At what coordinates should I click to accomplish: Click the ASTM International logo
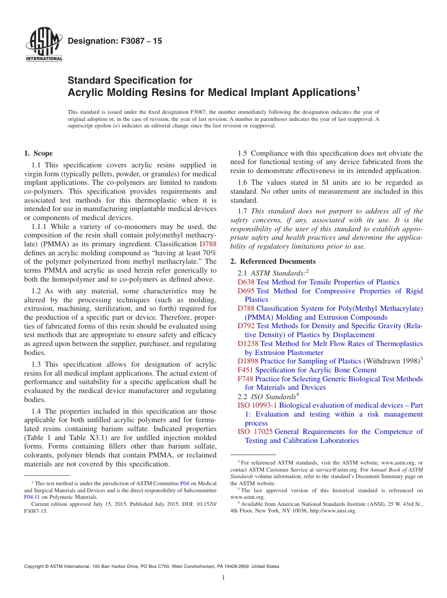click(x=43, y=45)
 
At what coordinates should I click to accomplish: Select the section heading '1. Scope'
click(x=38, y=153)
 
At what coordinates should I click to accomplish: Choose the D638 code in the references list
click(x=246, y=282)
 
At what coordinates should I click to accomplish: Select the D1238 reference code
click(x=248, y=344)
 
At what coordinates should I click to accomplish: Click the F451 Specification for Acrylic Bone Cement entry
click(x=307, y=370)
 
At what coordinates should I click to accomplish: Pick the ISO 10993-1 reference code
click(x=257, y=405)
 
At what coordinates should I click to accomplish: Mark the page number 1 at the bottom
click(x=223, y=578)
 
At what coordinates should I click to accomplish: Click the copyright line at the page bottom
click(x=152, y=567)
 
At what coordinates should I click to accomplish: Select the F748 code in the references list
click(x=245, y=379)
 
